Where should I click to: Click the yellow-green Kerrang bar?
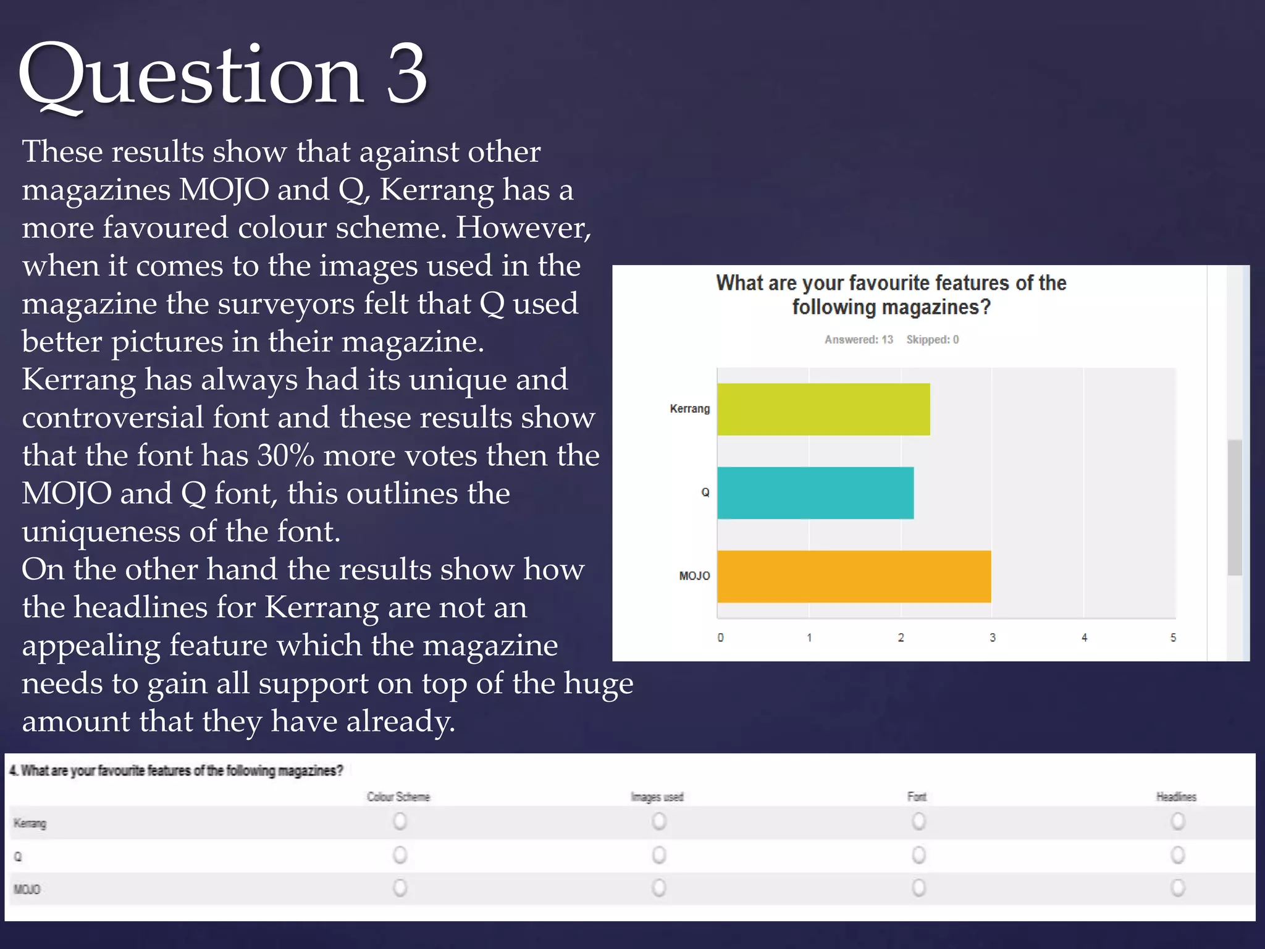(x=823, y=409)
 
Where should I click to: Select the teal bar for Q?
(x=815, y=492)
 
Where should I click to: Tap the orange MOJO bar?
(x=854, y=576)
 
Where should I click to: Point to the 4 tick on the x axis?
(x=1084, y=638)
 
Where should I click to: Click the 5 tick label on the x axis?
(x=1173, y=638)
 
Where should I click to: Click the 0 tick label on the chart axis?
(x=720, y=638)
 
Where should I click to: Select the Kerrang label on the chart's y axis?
(x=689, y=408)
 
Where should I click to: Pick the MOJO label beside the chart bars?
(x=694, y=576)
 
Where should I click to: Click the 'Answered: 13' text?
(x=859, y=339)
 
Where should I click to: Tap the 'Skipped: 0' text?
(x=932, y=339)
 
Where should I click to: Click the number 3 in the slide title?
(x=406, y=75)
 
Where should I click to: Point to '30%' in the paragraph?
(x=285, y=455)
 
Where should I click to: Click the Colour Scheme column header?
(x=398, y=796)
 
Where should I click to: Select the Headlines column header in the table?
(x=1176, y=796)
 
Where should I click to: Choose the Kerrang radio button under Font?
(x=918, y=821)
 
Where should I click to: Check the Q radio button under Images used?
(x=659, y=855)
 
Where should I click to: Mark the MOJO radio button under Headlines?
(x=1178, y=888)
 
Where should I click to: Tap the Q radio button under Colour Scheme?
(x=400, y=855)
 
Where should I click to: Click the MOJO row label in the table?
(x=27, y=889)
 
